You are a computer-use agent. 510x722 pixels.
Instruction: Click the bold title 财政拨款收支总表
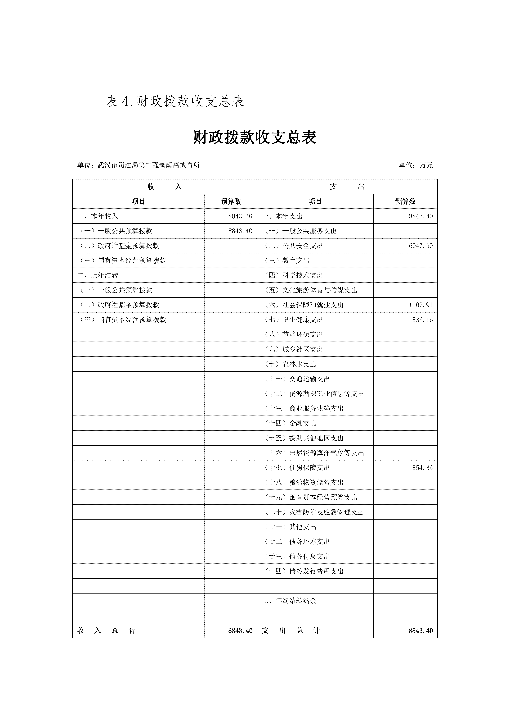[x=255, y=137]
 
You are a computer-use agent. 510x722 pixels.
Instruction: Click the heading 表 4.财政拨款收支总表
[x=175, y=101]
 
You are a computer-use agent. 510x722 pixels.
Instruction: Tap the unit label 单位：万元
[x=416, y=165]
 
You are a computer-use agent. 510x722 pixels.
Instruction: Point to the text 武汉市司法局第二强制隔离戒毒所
[x=149, y=165]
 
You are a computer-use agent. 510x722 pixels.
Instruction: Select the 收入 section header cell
[x=165, y=187]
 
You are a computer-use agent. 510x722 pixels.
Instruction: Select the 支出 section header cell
[x=347, y=187]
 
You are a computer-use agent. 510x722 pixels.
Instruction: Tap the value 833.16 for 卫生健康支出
[x=422, y=320]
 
